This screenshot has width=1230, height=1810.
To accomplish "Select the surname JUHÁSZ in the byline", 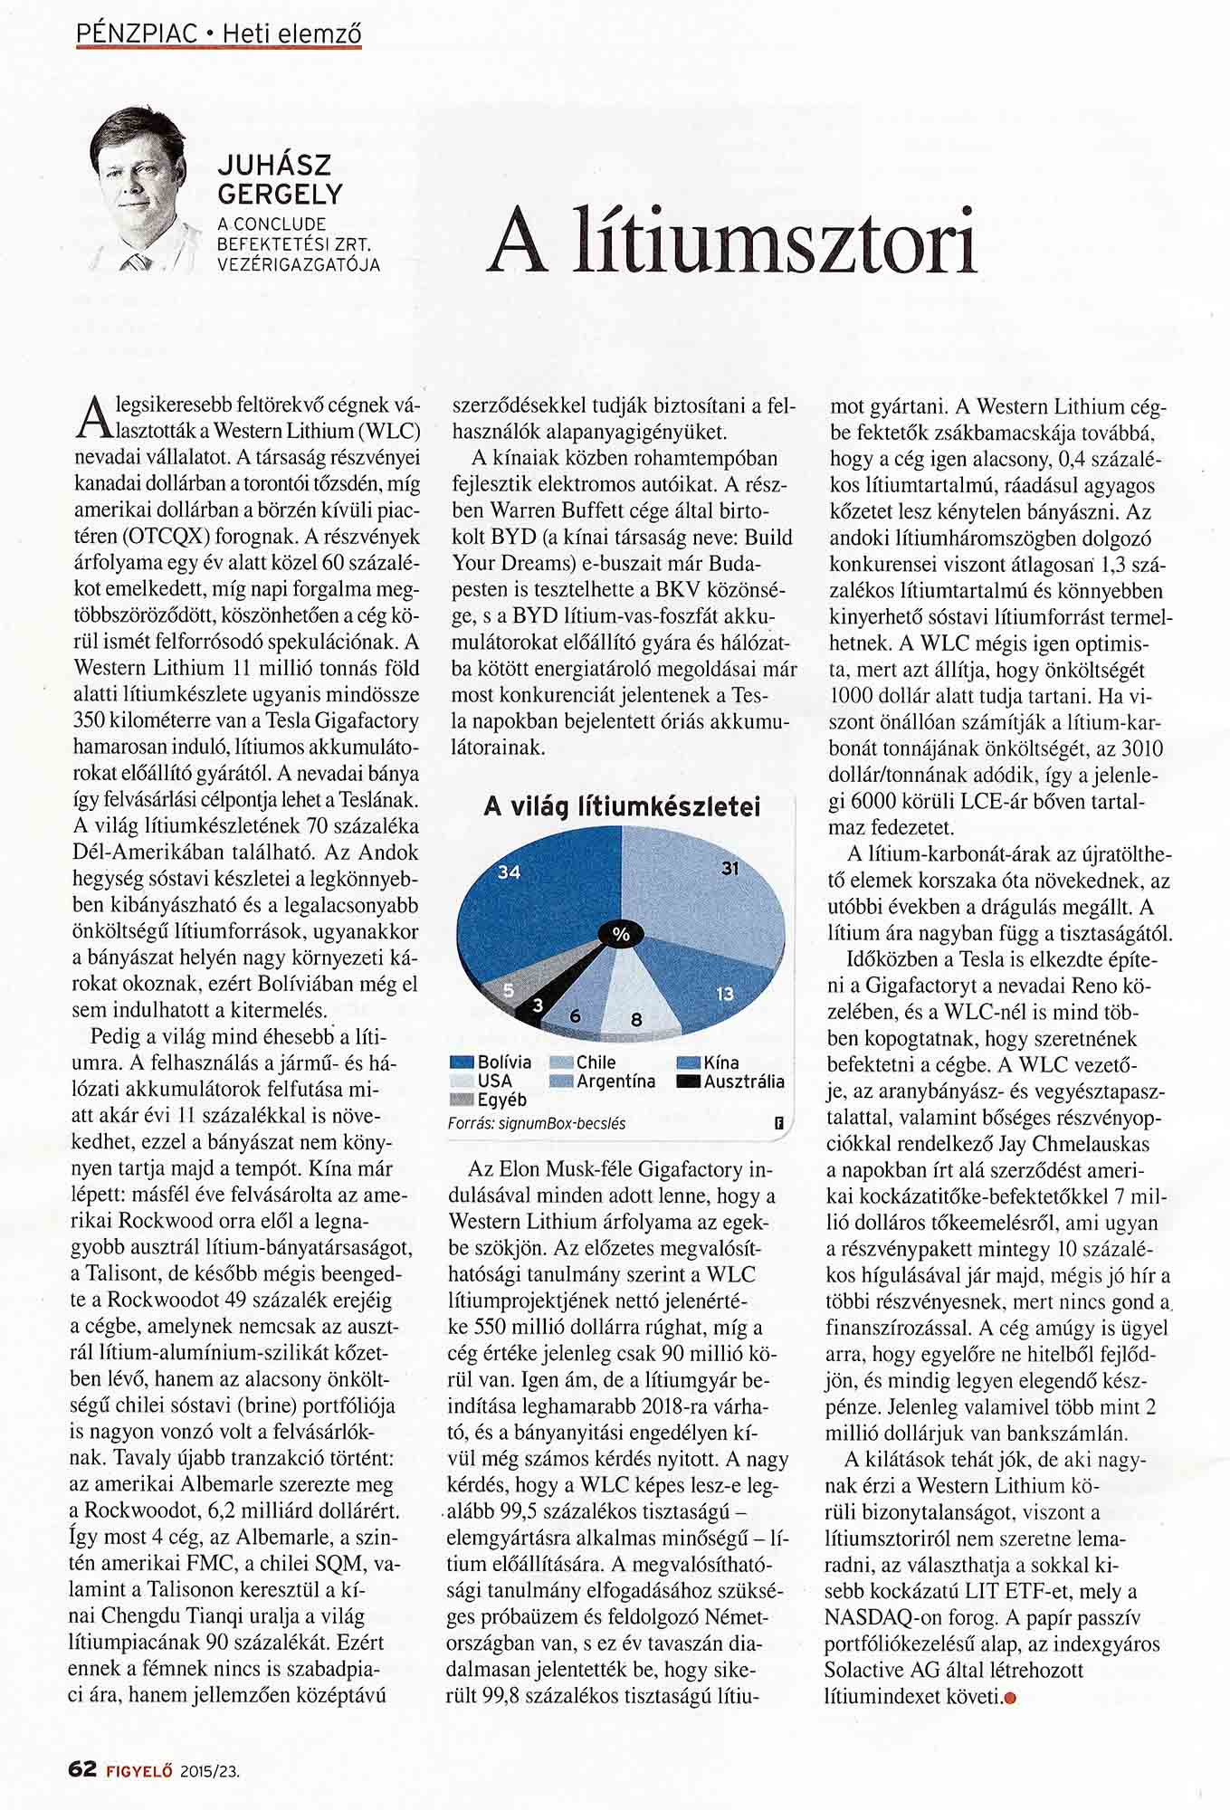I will (x=275, y=166).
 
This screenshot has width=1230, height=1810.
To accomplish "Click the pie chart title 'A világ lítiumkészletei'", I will (x=622, y=806).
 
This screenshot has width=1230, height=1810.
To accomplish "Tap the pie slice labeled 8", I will (x=638, y=1005).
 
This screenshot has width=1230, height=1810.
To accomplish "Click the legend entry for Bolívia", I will (x=493, y=1062).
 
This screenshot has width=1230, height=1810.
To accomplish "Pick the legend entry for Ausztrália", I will (x=733, y=1081).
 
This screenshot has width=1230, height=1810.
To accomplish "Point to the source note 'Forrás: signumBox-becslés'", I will (x=537, y=1123).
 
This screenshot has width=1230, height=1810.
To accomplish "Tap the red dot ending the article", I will (x=1011, y=1698).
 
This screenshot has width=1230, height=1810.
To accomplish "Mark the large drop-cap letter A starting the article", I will (x=90, y=417).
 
